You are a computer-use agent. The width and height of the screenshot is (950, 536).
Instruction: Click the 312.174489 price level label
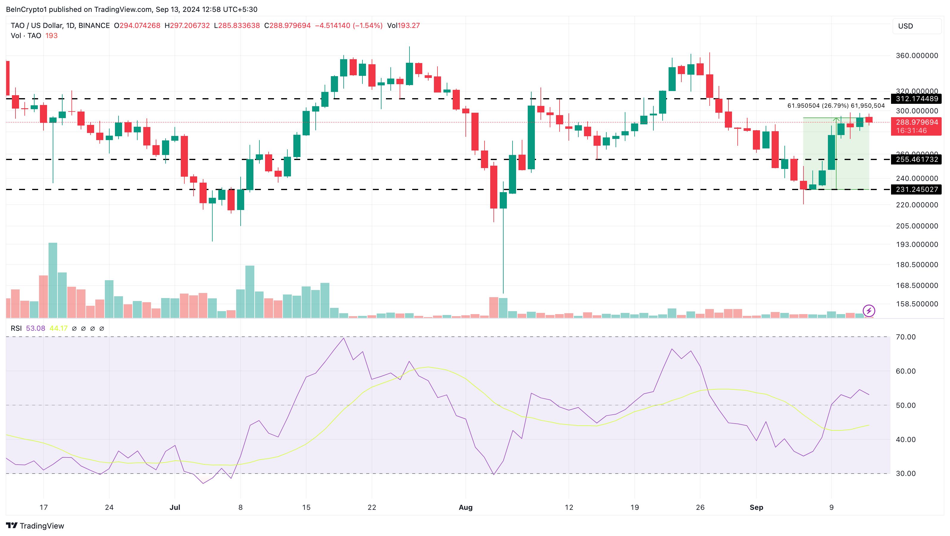coord(916,99)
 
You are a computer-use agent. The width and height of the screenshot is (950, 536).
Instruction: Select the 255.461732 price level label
coord(916,159)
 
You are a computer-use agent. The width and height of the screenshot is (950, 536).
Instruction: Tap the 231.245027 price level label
coord(916,189)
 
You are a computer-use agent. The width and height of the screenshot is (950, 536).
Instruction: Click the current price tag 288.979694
coord(916,122)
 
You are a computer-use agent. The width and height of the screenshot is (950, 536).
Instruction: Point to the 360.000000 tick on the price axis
coord(917,56)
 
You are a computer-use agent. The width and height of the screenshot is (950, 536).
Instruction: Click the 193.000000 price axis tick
coord(917,244)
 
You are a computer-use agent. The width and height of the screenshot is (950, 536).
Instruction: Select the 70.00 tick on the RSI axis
coord(905,337)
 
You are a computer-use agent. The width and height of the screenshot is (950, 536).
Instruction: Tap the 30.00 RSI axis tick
coord(905,473)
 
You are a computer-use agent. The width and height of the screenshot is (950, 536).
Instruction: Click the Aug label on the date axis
coord(465,507)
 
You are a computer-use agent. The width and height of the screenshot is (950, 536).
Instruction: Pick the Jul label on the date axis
coord(175,507)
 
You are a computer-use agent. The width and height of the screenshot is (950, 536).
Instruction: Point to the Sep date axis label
coord(756,507)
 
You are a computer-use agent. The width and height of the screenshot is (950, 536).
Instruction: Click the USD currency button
coord(916,26)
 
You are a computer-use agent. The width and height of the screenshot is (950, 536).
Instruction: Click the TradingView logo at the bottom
coord(35,526)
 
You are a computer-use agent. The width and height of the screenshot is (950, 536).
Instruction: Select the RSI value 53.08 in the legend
coord(35,328)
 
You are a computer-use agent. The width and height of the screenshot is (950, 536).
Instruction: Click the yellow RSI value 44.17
coord(58,328)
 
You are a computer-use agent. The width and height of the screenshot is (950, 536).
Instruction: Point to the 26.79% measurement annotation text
coord(836,106)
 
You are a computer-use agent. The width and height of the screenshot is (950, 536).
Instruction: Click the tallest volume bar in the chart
coord(53,280)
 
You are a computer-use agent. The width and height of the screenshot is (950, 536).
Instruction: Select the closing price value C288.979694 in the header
coord(287,25)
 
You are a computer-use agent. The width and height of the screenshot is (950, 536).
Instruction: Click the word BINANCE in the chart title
coord(94,25)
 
